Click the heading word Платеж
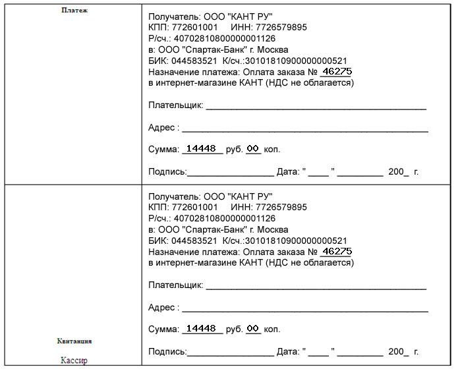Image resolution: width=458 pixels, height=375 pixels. coord(74,11)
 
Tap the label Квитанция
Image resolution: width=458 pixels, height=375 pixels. coord(74,341)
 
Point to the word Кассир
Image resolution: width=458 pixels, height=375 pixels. coord(74,361)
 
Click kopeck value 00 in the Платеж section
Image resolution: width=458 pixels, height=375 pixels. coord(253,149)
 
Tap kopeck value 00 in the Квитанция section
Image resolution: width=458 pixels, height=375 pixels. coord(253,328)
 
